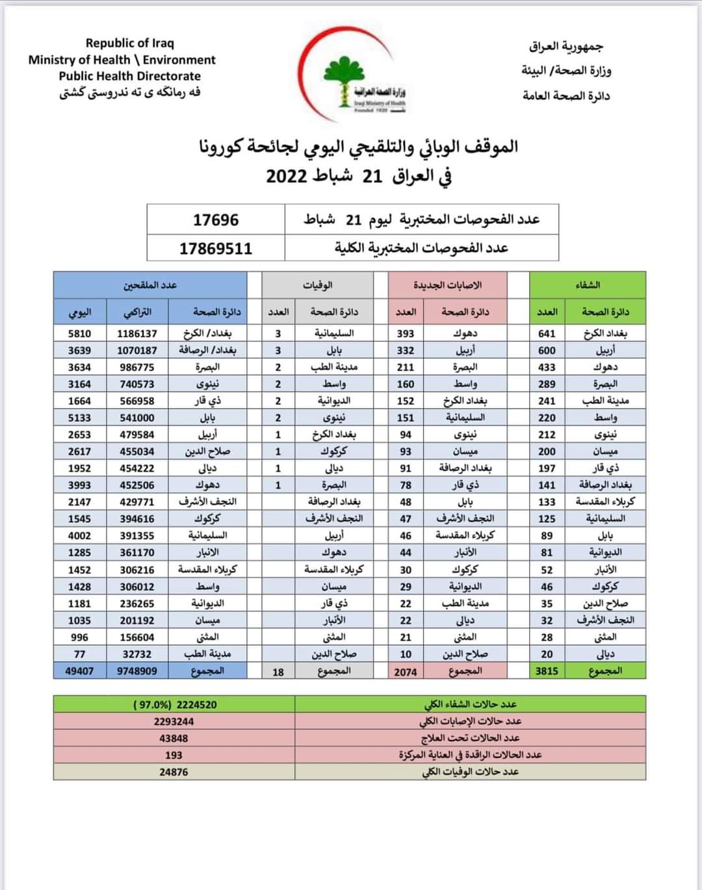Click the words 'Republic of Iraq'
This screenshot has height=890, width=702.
129,43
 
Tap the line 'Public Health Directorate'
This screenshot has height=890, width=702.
129,75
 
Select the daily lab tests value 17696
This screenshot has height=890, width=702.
216,220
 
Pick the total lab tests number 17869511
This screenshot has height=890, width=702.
216,248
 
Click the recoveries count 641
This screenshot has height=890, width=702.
547,333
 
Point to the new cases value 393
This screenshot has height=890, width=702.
406,333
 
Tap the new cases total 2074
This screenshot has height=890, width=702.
406,672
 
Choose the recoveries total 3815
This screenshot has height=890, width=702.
547,671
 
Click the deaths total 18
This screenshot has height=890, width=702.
278,672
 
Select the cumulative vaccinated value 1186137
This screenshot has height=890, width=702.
137,333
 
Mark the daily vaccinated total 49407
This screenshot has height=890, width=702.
79,671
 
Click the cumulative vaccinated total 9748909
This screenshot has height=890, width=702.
137,671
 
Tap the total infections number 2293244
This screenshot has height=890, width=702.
174,721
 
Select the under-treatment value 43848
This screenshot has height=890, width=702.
174,738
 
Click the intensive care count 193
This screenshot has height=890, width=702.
174,755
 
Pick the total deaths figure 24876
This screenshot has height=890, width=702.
174,772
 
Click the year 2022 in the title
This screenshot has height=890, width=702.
287,175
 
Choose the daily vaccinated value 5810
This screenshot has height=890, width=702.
79,333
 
